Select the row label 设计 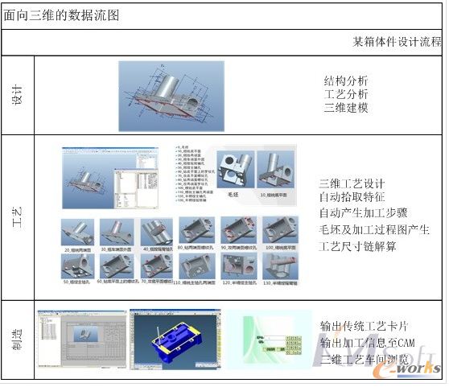coord(18,94)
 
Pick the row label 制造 coord(18,338)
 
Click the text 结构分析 coord(346,80)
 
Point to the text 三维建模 coord(346,108)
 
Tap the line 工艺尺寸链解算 coord(358,247)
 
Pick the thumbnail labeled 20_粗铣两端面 coord(79,233)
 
